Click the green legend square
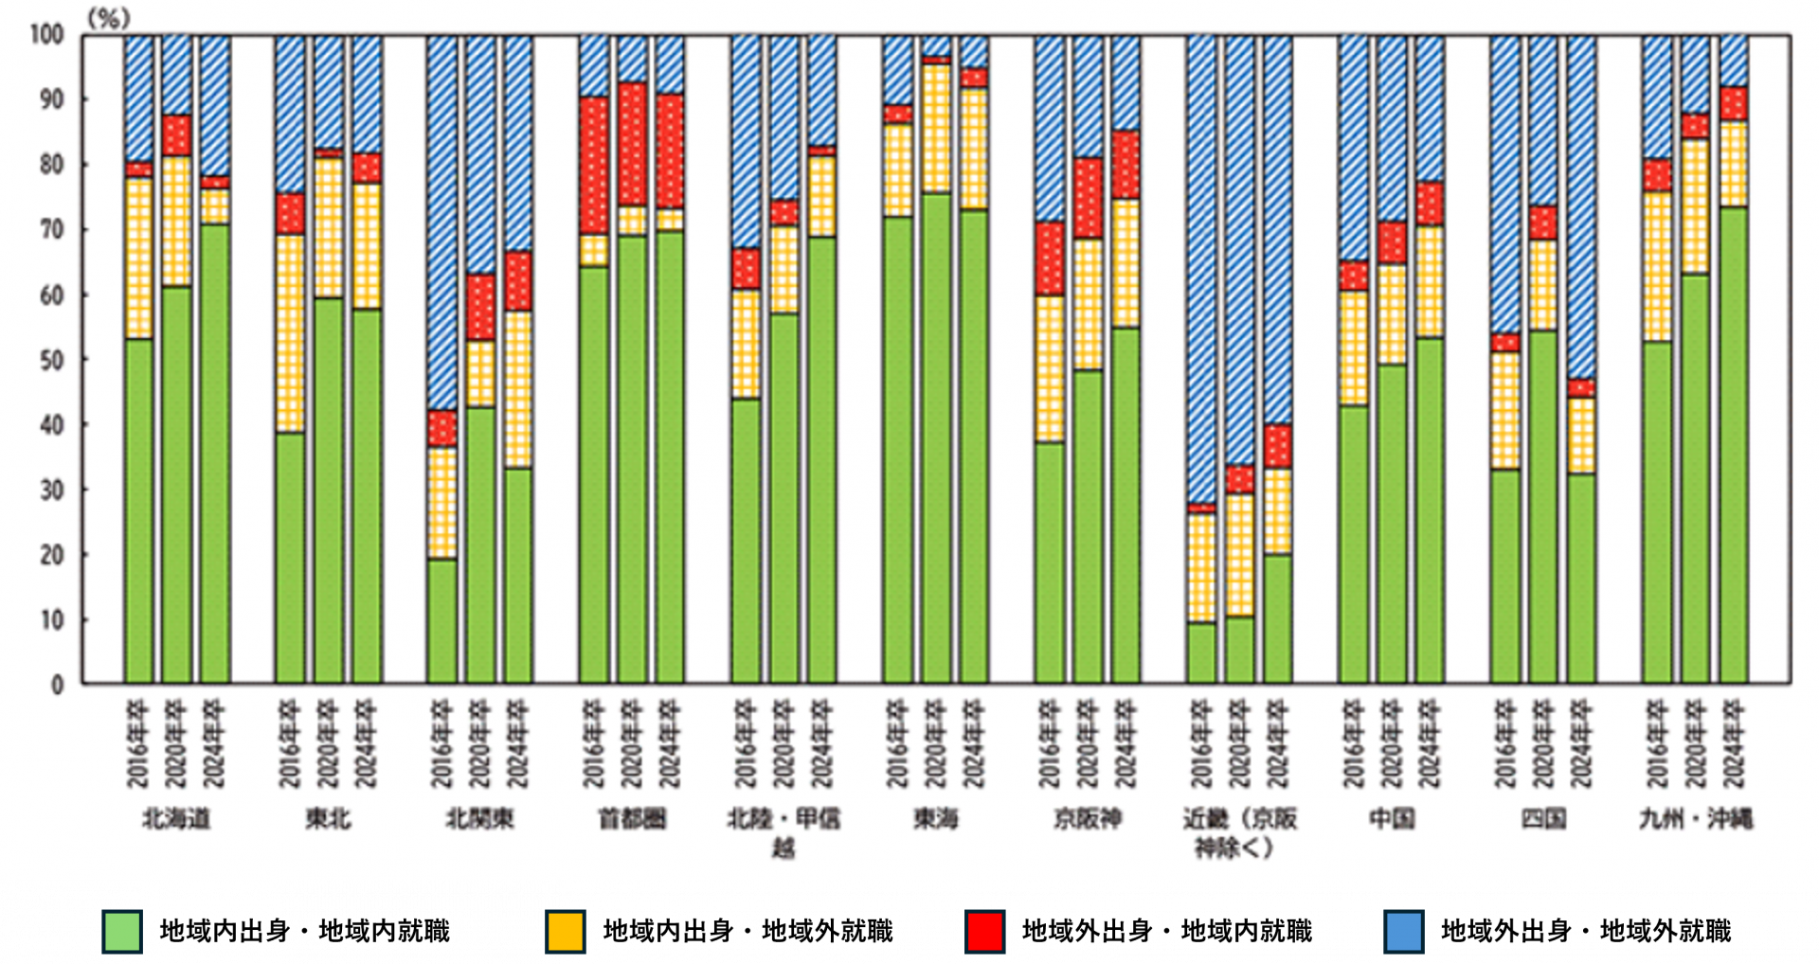tap(122, 931)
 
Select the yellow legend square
tap(566, 931)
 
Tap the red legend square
tap(984, 931)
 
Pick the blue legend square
tap(1403, 931)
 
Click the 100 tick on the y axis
tap(46, 35)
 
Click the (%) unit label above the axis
tap(108, 17)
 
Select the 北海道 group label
tap(176, 818)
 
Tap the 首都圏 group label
tap(632, 818)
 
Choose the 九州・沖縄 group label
tap(1696, 818)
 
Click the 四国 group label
tap(1543, 818)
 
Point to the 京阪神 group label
tap(1088, 818)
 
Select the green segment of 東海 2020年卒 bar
tap(937, 436)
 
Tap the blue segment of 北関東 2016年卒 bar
tap(442, 223)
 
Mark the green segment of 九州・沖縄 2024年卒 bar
tap(1734, 445)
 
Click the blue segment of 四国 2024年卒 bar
tap(1581, 208)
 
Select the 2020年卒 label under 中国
tap(1392, 744)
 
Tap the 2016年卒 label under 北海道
tap(138, 744)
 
